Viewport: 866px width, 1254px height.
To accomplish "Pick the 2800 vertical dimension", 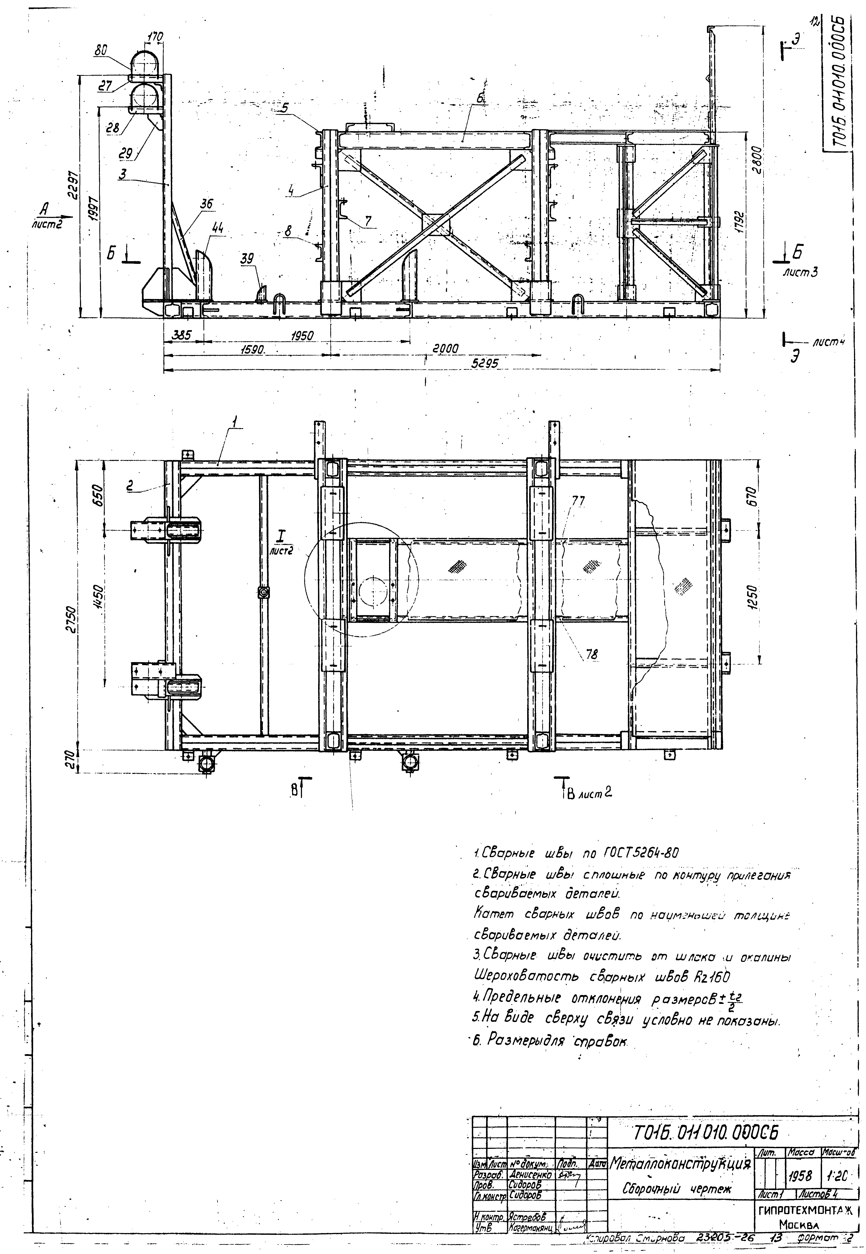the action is tap(759, 159).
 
